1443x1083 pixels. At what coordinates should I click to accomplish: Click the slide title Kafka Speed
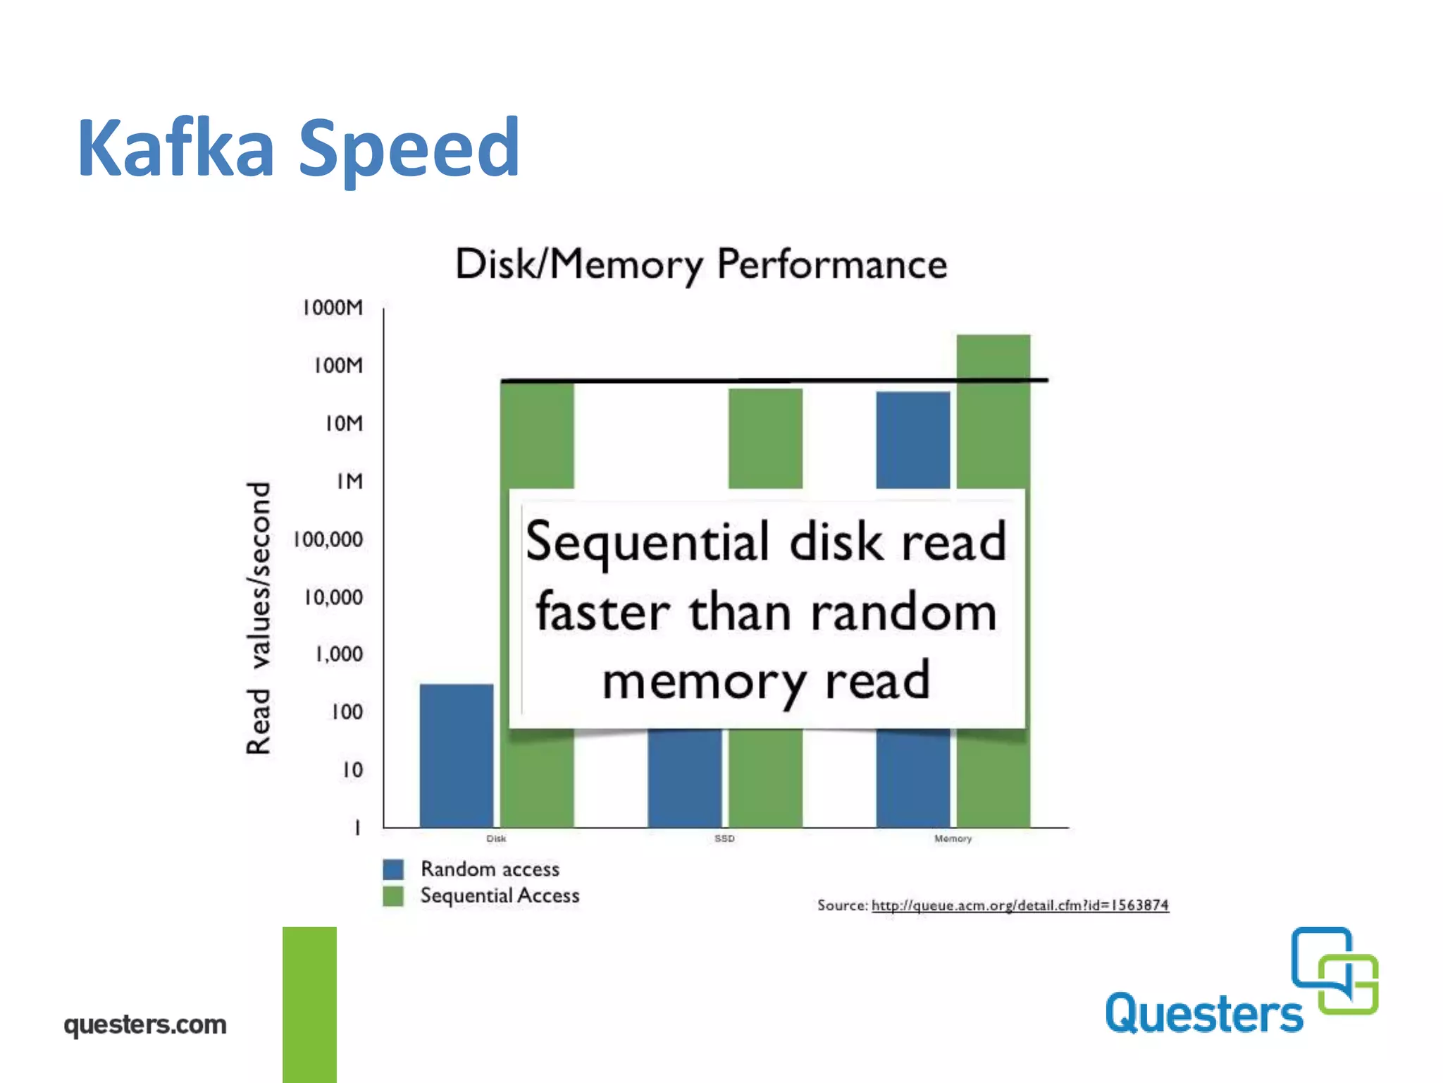(x=299, y=148)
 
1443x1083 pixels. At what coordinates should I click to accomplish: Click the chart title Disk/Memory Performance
(x=700, y=264)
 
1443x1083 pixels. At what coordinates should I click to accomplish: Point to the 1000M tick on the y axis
(x=333, y=308)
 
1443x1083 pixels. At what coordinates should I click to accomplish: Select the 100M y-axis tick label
(x=338, y=366)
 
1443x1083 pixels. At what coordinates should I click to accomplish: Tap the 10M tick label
(x=344, y=424)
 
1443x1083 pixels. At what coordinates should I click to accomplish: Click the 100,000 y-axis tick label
(x=328, y=540)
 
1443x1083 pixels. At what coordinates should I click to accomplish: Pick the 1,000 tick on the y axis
(x=339, y=655)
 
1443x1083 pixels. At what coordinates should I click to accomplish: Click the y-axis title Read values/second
(x=259, y=618)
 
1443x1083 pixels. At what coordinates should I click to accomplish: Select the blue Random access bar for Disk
(x=457, y=755)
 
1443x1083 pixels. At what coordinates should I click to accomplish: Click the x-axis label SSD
(x=724, y=838)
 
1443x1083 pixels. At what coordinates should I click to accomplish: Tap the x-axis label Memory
(x=953, y=838)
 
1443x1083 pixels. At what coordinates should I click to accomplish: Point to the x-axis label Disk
(x=496, y=838)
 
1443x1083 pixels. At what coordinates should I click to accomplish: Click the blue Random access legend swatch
(x=393, y=869)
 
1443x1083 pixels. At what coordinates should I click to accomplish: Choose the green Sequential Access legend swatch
(x=393, y=896)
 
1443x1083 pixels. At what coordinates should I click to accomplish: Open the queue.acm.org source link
(x=1020, y=905)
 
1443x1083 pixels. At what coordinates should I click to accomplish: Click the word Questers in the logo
(x=1204, y=1014)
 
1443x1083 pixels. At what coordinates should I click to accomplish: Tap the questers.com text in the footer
(x=145, y=1024)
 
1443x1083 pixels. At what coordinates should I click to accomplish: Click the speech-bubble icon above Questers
(x=1334, y=970)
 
